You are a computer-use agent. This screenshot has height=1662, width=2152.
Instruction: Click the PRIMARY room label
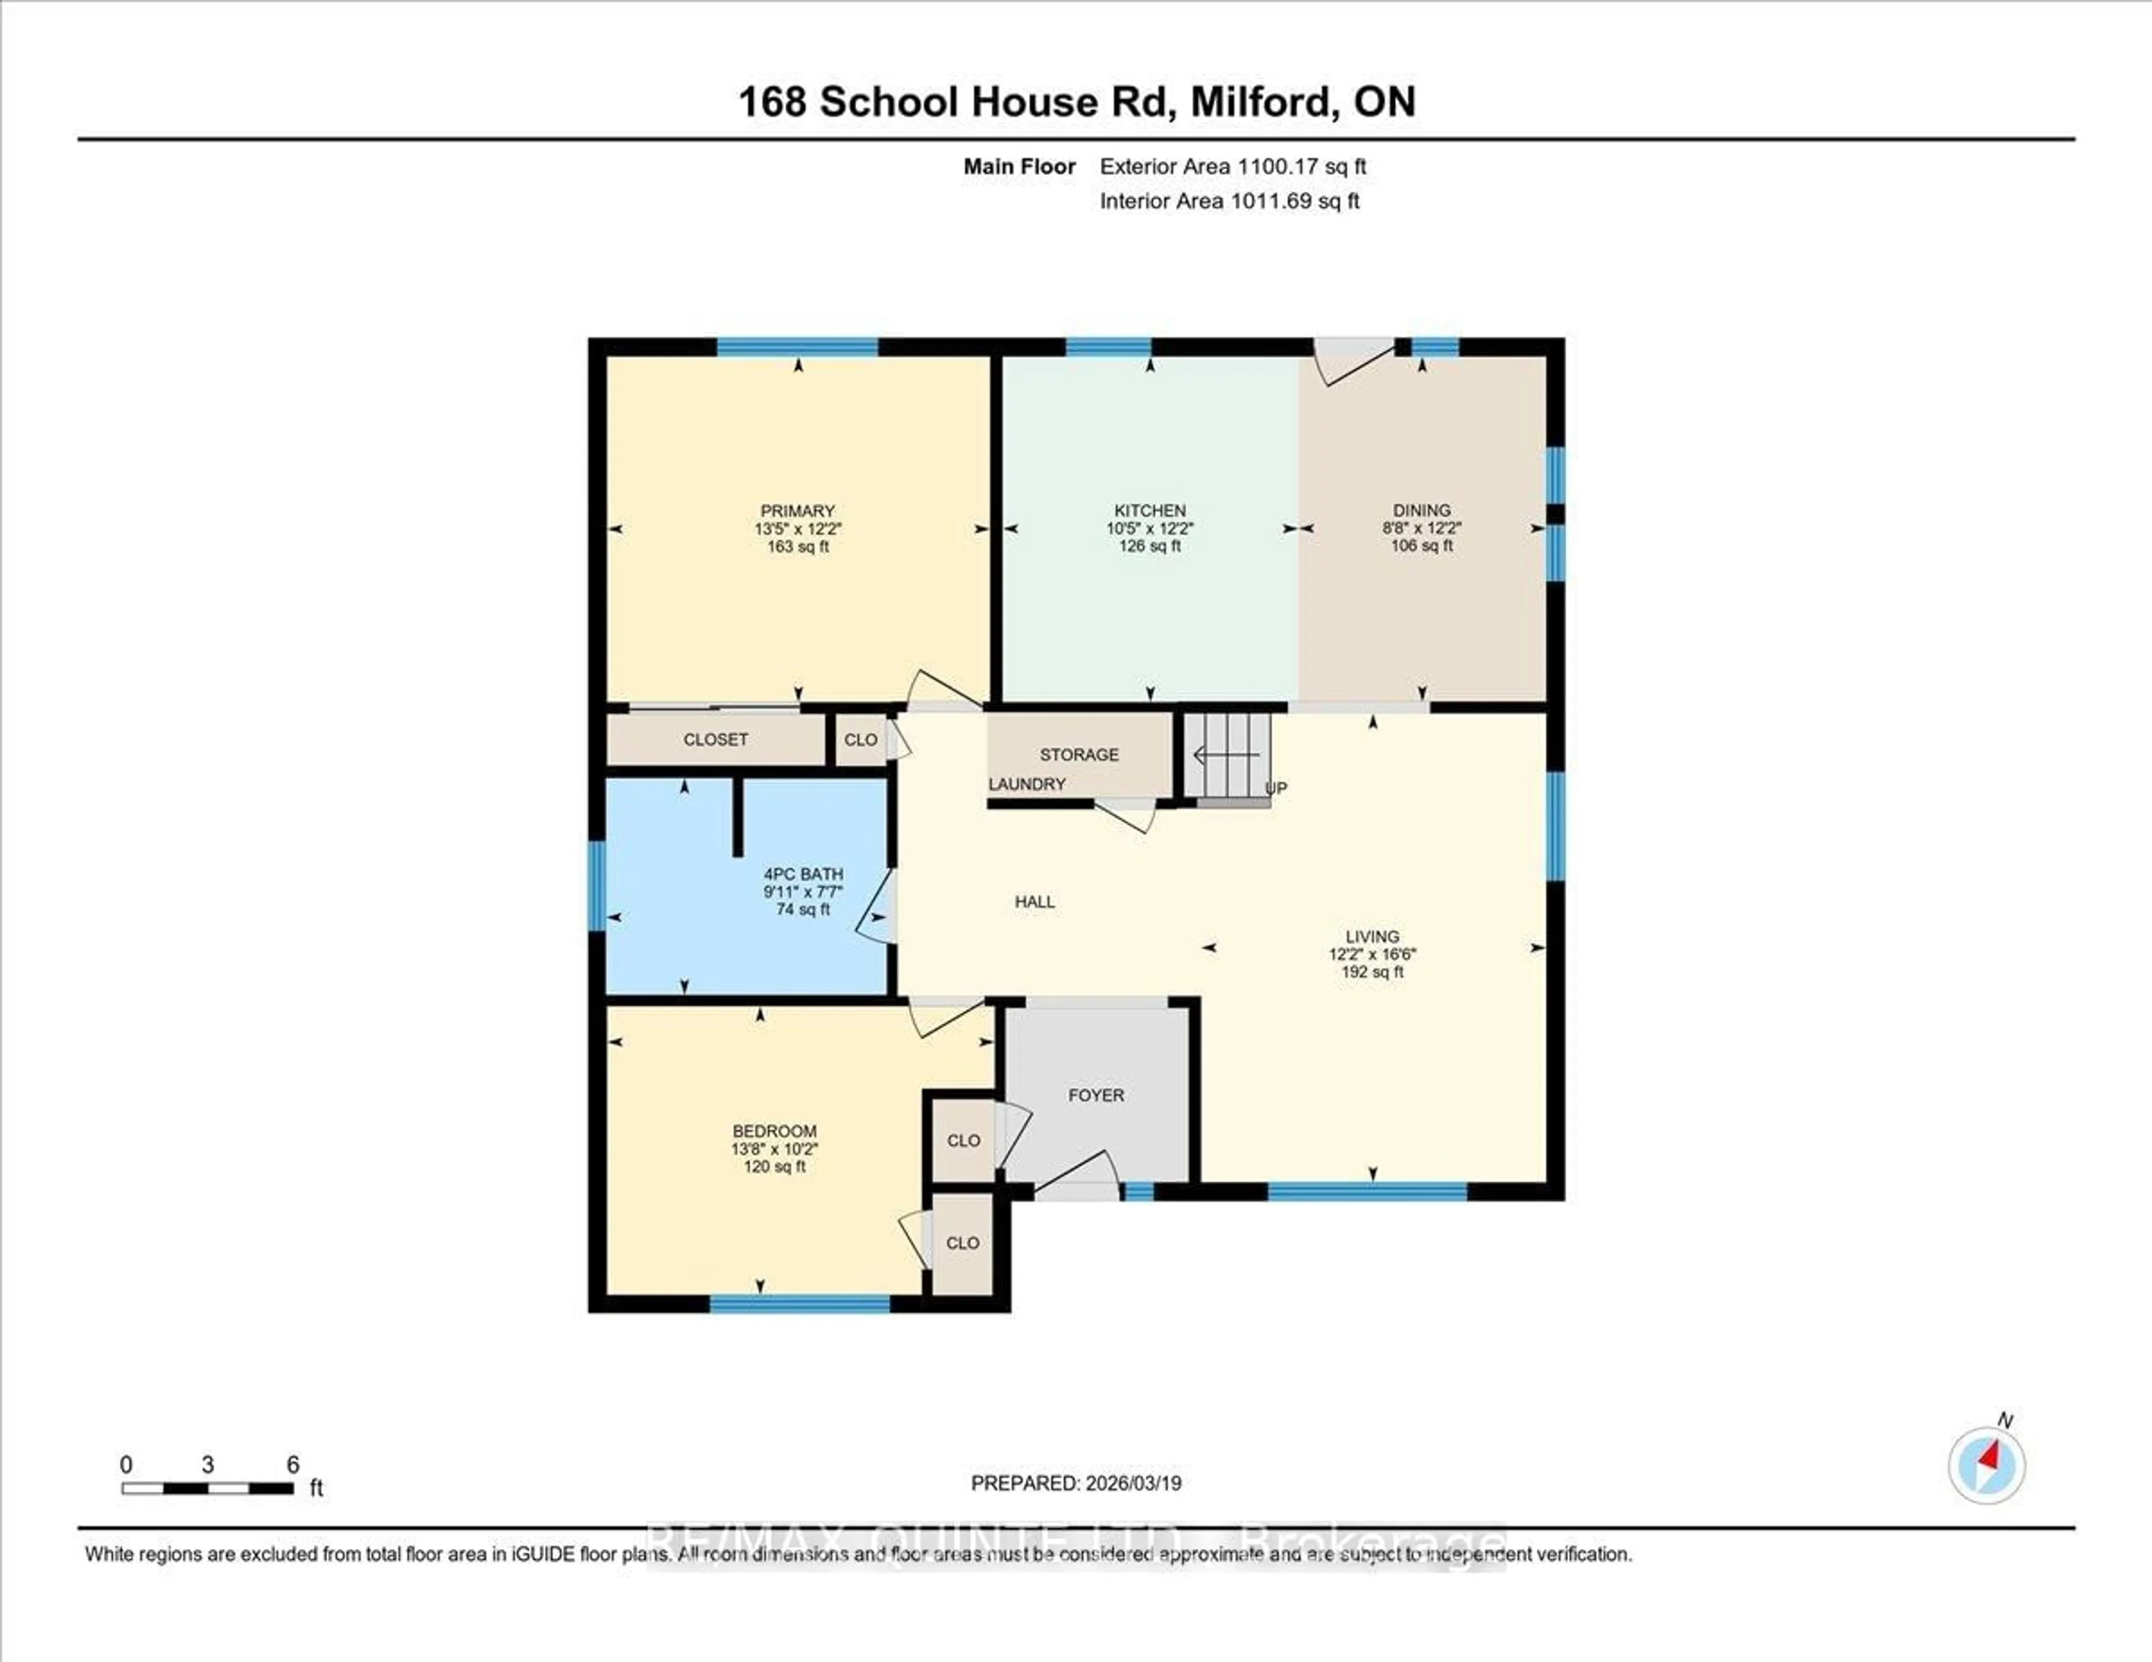pos(797,510)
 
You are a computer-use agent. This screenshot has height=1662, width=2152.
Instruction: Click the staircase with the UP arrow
pos(1228,756)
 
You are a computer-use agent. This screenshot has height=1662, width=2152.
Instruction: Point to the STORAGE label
pos(1079,755)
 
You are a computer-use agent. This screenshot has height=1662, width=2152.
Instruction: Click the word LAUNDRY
pos(1027,784)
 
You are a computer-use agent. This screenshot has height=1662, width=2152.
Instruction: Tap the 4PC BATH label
pos(803,874)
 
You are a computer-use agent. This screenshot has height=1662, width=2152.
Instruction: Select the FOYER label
pos(1096,1095)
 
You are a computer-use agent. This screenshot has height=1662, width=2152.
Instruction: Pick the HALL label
pos(1035,902)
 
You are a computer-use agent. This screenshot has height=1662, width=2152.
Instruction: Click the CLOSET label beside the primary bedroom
pos(715,740)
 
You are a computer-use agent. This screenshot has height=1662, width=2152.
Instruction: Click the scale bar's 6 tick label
pos(293,1465)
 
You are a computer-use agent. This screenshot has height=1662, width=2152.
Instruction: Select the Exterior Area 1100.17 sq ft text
pos(1233,166)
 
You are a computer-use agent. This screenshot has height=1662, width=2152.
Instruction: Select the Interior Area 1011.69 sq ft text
pos(1229,201)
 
